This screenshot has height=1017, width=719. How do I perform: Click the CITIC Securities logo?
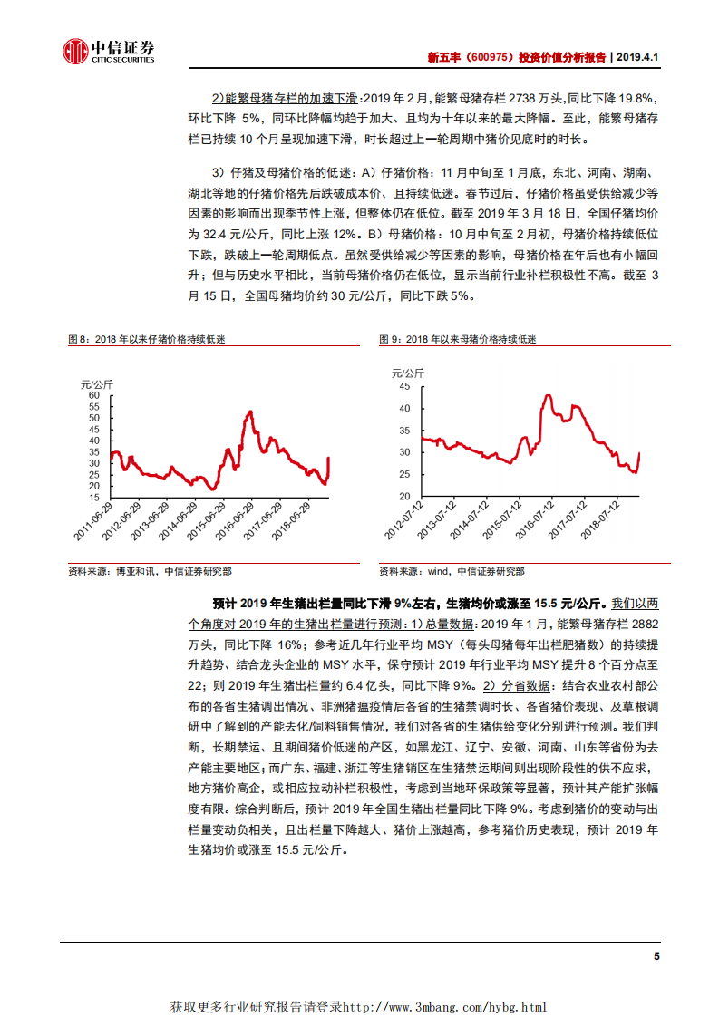click(x=107, y=52)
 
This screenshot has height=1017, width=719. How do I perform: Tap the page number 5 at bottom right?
click(x=656, y=956)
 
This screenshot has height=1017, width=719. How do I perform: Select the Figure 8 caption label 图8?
click(x=79, y=340)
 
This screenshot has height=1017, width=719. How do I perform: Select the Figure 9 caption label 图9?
click(x=390, y=340)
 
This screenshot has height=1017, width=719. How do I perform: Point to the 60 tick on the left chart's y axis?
click(x=92, y=395)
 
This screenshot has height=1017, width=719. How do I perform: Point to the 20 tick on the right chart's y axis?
click(x=404, y=497)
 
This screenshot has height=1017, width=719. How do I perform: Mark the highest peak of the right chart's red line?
click(x=548, y=395)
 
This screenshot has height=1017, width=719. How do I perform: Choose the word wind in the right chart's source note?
click(x=438, y=572)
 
